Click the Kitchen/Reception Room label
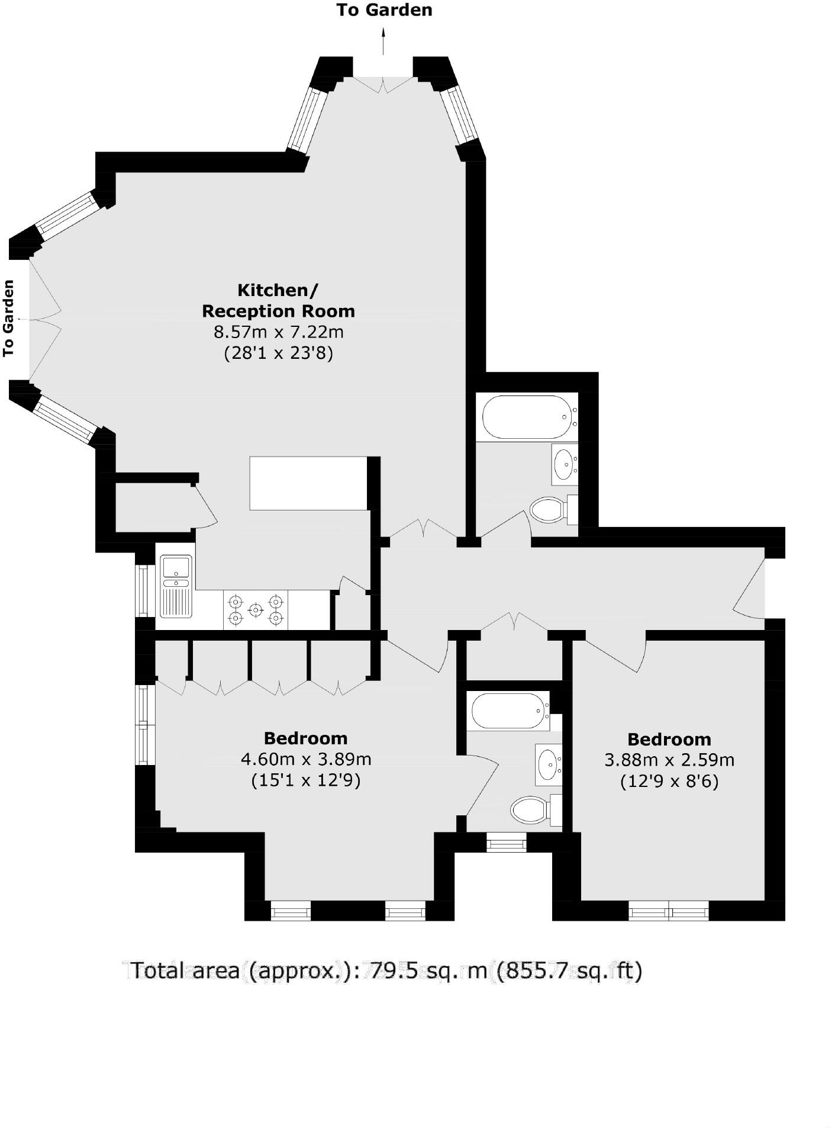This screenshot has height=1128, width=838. (278, 300)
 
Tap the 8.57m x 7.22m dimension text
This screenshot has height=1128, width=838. (278, 332)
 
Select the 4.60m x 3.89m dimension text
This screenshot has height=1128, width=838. (306, 759)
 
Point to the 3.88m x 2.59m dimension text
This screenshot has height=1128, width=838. (669, 760)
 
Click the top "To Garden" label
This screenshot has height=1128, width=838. (384, 10)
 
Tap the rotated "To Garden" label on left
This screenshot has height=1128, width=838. (8, 319)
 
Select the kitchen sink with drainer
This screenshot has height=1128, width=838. (175, 586)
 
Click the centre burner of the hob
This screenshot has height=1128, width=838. (255, 609)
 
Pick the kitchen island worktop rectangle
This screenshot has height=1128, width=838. (308, 483)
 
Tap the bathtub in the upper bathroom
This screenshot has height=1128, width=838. (527, 417)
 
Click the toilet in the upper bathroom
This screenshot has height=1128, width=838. (547, 509)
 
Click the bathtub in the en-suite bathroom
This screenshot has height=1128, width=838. (508, 711)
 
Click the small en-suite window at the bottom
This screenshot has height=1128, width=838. (506, 842)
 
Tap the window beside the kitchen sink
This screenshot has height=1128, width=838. (142, 590)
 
